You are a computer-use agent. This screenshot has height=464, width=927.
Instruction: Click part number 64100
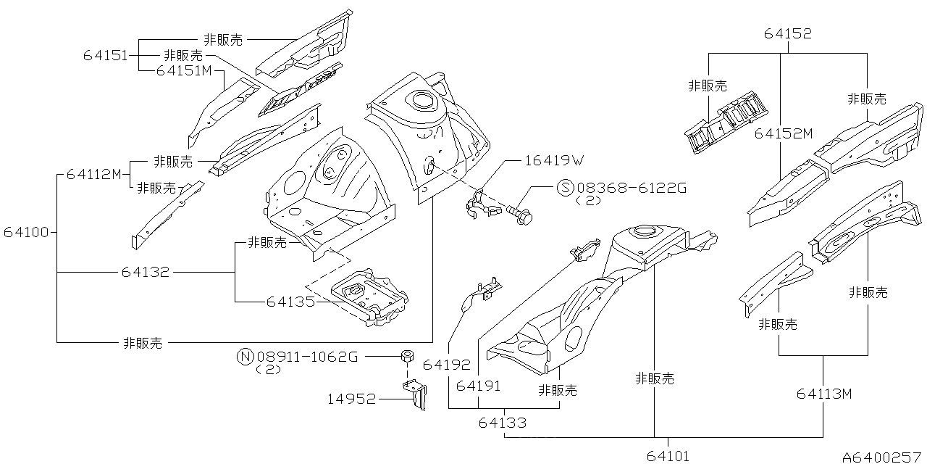coord(25,233)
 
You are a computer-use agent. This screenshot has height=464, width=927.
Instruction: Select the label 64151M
coord(184,70)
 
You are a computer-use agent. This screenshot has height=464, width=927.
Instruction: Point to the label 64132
coord(145,273)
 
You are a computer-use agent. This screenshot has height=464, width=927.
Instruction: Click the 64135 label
coord(290,301)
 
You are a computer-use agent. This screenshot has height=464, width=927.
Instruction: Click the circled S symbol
coord(565,188)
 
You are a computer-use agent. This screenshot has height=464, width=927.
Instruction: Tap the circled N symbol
coord(245,356)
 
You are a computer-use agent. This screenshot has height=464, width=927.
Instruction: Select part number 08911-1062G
coord(306,356)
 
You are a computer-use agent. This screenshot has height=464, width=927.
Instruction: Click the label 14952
coord(351,398)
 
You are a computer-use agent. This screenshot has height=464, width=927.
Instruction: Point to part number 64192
coord(447,365)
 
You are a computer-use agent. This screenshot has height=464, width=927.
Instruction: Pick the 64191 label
coord(479,386)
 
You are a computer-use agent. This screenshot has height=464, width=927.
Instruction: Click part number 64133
coord(502,423)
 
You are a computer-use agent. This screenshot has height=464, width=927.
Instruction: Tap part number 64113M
coord(824,394)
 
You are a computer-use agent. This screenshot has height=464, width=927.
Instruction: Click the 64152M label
coord(784,133)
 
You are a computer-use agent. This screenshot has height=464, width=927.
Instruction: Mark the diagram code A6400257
coord(883,457)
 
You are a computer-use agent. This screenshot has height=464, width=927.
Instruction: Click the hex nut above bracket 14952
coord(407,355)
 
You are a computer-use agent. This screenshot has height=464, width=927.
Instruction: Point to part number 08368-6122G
coord(630,188)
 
